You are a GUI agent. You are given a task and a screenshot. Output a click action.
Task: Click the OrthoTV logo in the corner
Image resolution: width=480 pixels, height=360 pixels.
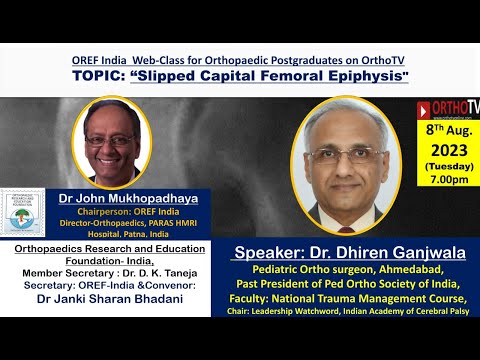tap(447, 108)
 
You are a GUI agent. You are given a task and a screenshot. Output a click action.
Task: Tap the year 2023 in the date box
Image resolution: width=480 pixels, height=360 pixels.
tap(448, 149)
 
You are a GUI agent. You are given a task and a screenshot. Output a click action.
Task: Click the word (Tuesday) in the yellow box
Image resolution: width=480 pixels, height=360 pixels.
tap(448, 166)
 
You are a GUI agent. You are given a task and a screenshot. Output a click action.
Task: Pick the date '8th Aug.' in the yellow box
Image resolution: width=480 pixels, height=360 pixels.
tap(448, 129)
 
